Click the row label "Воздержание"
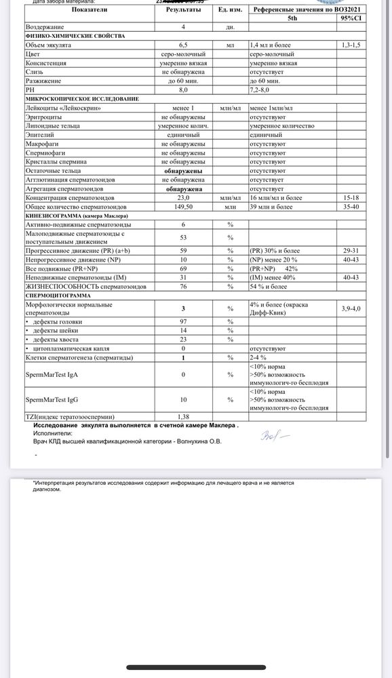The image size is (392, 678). click(45, 27)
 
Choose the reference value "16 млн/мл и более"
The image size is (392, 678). click(281, 197)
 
